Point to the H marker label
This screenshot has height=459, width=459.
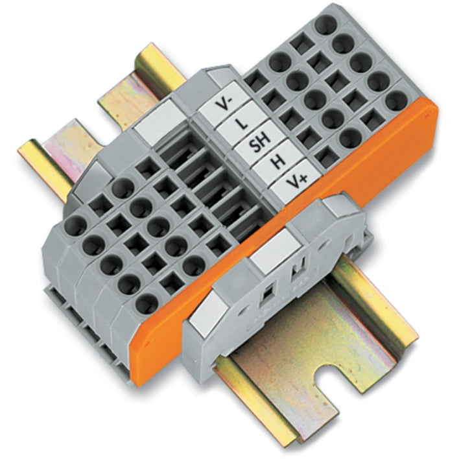tap(277, 162)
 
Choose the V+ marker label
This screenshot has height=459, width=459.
tap(296, 182)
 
